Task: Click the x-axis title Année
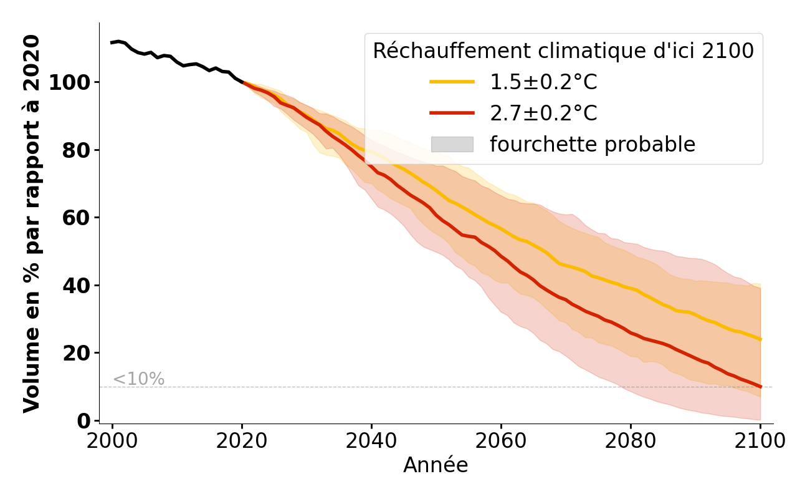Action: pyautogui.click(x=436, y=465)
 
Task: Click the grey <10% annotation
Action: pyautogui.click(x=138, y=379)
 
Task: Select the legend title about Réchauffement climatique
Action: pyautogui.click(x=563, y=51)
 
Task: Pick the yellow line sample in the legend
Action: pyautogui.click(x=452, y=82)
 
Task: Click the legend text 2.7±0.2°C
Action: pyautogui.click(x=543, y=113)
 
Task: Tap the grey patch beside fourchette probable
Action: pyautogui.click(x=452, y=144)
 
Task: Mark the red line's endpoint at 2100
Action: pyautogui.click(x=760, y=387)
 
